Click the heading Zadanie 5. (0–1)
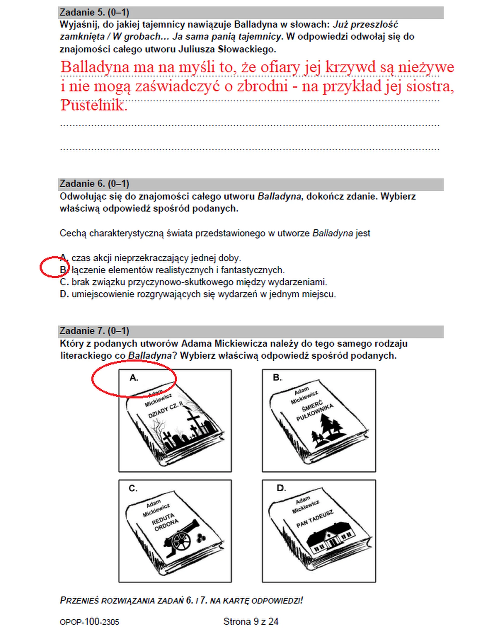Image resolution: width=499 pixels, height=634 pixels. pyautogui.click(x=94, y=12)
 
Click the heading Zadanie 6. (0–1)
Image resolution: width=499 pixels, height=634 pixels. pyautogui.click(x=94, y=184)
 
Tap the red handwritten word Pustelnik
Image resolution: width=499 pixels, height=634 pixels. pyautogui.click(x=94, y=105)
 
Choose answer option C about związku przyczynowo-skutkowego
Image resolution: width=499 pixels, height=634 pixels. pyautogui.click(x=193, y=282)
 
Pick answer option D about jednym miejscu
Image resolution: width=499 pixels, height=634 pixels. pyautogui.click(x=198, y=294)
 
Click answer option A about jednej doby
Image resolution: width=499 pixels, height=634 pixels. pyautogui.click(x=150, y=258)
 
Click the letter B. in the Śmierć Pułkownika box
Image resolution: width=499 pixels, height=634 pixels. pyautogui.click(x=277, y=378)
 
